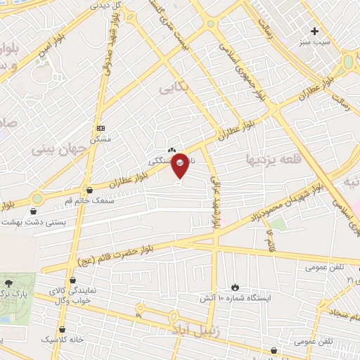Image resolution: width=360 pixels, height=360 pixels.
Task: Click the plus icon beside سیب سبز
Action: (x=315, y=31)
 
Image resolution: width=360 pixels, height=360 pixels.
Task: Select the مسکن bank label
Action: (x=103, y=139)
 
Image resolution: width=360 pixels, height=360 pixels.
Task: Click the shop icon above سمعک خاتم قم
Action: (x=89, y=189)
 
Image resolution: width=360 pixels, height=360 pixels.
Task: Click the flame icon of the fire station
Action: (x=235, y=288)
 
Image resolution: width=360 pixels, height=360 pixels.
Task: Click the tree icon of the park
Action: (x=8, y=281)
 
